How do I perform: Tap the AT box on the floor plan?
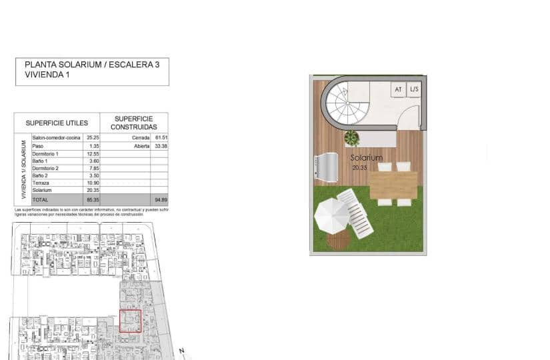tap(399, 89)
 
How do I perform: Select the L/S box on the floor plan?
tap(415, 89)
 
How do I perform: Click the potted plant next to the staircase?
tap(351, 138)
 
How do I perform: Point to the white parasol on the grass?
tap(331, 216)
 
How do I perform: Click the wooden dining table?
tap(393, 185)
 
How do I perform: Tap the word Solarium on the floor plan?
tap(367, 158)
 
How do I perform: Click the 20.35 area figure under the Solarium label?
tap(359, 168)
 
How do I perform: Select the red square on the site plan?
tap(130, 321)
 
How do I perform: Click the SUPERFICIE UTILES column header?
tap(57, 123)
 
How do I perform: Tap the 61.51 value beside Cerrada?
tap(160, 138)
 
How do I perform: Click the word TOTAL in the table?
tap(41, 199)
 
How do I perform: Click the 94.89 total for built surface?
tap(160, 199)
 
